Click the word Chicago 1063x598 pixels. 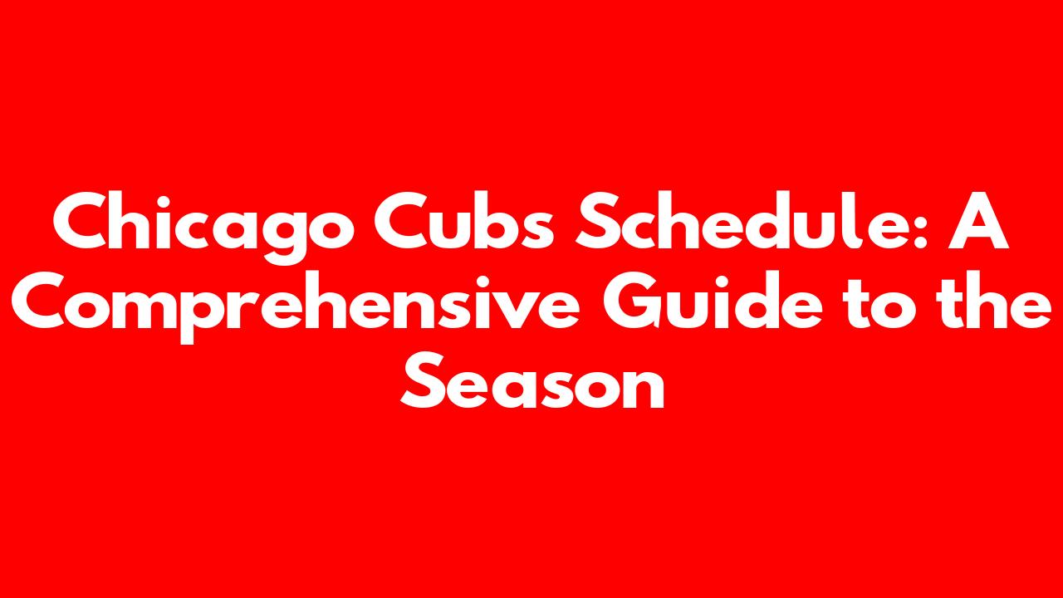[x=203, y=228]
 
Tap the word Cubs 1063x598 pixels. [x=463, y=221]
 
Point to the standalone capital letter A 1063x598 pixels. [x=978, y=221]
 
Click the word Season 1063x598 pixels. [x=532, y=381]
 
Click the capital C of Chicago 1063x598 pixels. [x=81, y=221]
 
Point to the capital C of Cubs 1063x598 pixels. [x=403, y=221]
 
